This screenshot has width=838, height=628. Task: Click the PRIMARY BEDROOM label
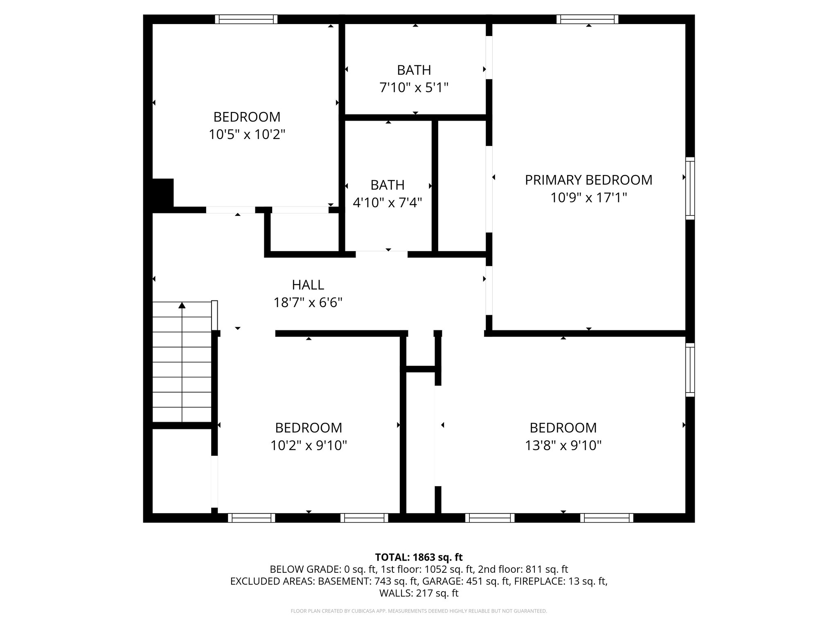588,180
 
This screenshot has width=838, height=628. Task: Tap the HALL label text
308,285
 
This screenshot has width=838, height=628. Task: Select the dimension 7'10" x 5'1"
414,88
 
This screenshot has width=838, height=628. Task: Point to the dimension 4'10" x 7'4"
387,202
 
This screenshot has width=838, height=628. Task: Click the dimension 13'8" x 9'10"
563,445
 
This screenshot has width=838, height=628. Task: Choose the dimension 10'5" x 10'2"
247,135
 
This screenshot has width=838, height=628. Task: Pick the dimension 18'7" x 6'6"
308,303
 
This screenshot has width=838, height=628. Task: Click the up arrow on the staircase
182,305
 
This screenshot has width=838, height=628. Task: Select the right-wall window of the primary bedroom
690,188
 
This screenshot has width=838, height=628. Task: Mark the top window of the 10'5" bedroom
246,19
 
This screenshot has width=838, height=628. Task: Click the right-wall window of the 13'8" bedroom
690,370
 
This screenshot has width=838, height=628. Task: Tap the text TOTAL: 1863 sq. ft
419,557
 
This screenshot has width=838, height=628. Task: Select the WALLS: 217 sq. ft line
419,593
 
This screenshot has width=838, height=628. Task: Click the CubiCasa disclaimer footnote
419,611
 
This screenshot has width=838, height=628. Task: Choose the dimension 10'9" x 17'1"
588,198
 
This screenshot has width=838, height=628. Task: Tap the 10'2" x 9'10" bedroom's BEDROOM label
309,428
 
